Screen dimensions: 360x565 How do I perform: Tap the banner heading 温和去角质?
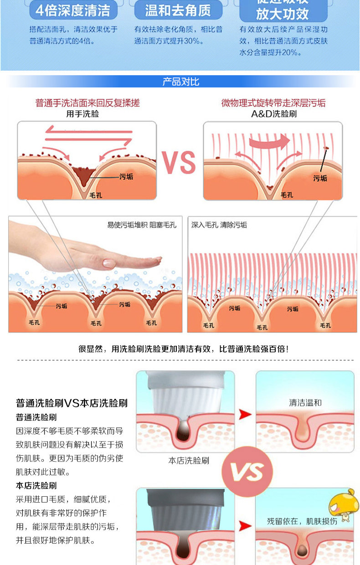tap(178, 10)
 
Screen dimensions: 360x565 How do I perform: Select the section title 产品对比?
tap(181, 82)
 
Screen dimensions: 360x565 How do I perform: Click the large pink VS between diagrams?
tap(179, 162)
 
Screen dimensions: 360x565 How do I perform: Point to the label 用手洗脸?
tap(82, 114)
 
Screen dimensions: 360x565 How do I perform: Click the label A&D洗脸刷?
tap(273, 114)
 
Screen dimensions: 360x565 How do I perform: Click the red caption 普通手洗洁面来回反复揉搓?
tap(87, 103)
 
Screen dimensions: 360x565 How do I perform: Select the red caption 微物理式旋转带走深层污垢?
tap(273, 103)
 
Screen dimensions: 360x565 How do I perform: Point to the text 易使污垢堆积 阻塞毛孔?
tap(141, 225)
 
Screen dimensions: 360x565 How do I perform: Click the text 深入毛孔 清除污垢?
tap(219, 225)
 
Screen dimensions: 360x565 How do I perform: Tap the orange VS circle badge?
tap(247, 471)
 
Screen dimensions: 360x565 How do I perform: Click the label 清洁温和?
tap(305, 403)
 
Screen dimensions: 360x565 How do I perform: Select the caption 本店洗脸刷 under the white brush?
tap(189, 461)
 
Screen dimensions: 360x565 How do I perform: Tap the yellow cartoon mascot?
tap(344, 505)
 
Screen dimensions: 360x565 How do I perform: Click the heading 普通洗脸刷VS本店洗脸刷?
tap(72, 403)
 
